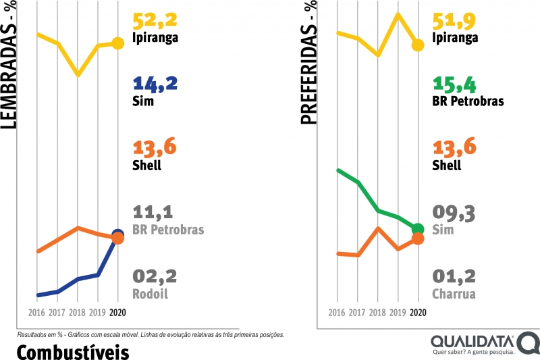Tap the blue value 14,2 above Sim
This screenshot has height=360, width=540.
pyautogui.click(x=155, y=84)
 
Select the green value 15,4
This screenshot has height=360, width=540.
pyautogui.click(x=456, y=84)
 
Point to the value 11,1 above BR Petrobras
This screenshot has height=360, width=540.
pyautogui.click(x=155, y=213)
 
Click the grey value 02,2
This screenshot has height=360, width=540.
pyautogui.click(x=155, y=277)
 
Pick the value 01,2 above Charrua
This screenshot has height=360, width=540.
pyautogui.click(x=454, y=277)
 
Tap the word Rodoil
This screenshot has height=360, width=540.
pyautogui.click(x=150, y=294)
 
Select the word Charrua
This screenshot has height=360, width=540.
pyautogui.click(x=454, y=294)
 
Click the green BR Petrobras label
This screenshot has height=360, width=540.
pyautogui.click(x=468, y=102)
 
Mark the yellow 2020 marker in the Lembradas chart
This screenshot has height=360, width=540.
pyautogui.click(x=118, y=43)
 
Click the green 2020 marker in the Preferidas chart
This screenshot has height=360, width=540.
pyautogui.click(x=418, y=229)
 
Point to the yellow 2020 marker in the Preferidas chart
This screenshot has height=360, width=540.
pyautogui.click(x=418, y=45)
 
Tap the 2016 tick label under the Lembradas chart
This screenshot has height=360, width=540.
pyautogui.click(x=38, y=313)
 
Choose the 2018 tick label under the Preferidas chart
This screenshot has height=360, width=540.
pyautogui.click(x=378, y=313)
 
